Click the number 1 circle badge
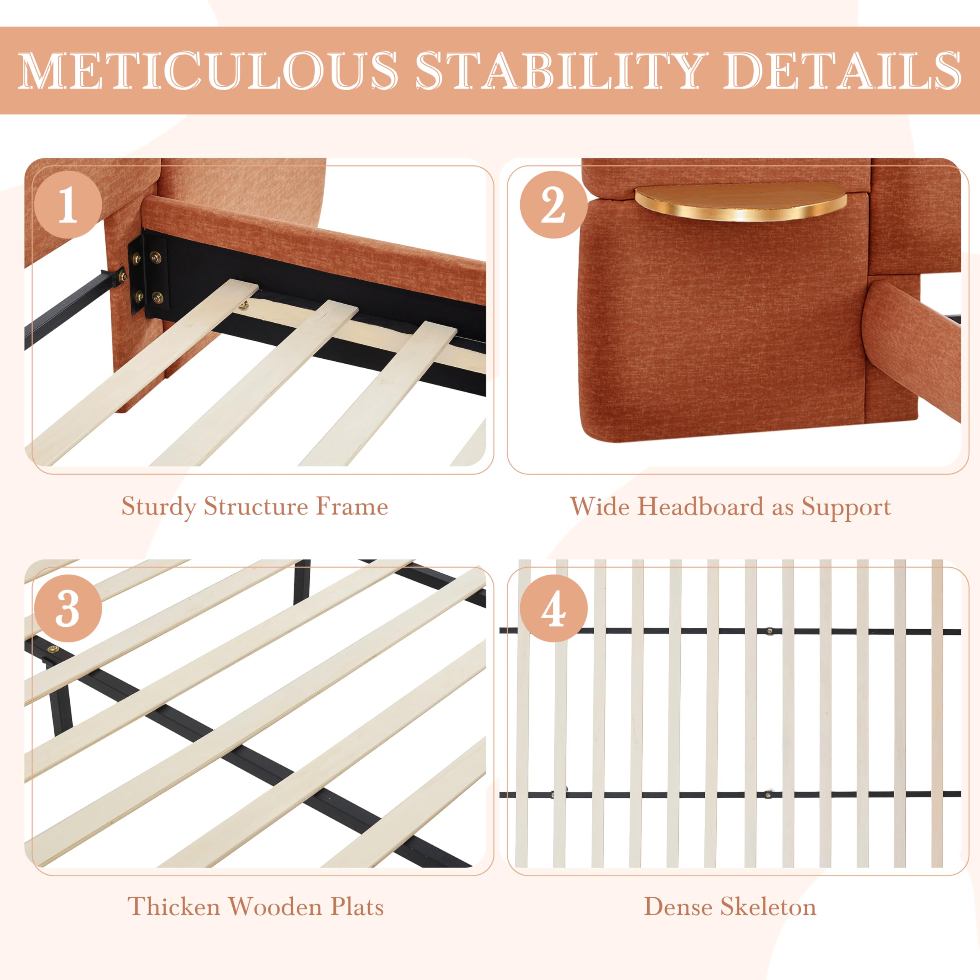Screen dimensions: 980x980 click(69, 204)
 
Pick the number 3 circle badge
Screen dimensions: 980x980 click(69, 608)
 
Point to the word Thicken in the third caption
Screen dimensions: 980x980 click(173, 906)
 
